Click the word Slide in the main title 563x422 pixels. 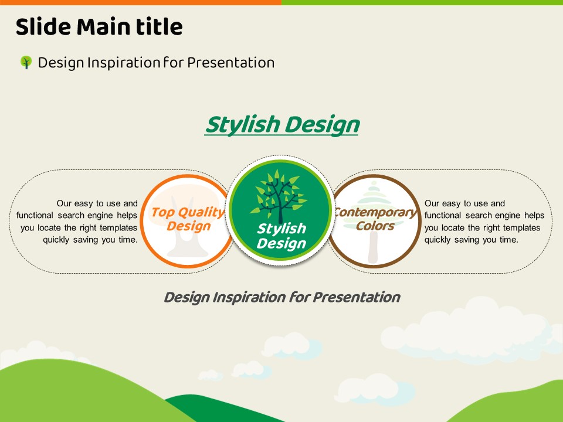coord(43,26)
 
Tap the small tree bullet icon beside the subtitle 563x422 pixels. coord(26,62)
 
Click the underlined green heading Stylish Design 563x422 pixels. coord(282,125)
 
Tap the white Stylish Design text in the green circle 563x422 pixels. coord(281,236)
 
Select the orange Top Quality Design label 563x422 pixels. coord(188,219)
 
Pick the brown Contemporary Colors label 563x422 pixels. coord(375,219)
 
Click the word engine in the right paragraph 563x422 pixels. coord(504,215)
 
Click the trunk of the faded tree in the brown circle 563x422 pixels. coord(373,247)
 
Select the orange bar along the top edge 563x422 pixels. coord(141,2)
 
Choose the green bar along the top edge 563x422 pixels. coord(422,2)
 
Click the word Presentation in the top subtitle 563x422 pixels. coord(231,63)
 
